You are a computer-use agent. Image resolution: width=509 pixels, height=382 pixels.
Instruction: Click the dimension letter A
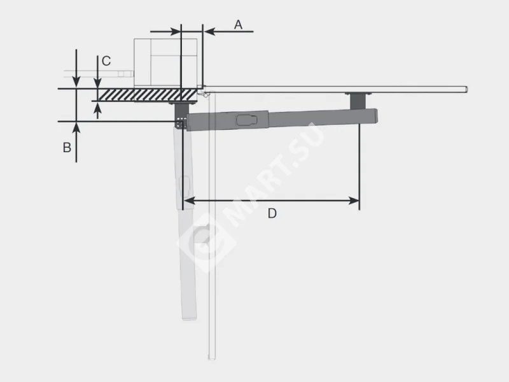[238, 25]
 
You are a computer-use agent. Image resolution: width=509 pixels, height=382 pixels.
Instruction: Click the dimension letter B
[67, 148]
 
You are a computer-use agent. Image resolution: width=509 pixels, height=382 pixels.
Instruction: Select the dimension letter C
[106, 60]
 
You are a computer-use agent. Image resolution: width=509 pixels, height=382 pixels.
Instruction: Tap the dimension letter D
[272, 213]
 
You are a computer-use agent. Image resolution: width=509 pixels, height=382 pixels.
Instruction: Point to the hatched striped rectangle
[148, 95]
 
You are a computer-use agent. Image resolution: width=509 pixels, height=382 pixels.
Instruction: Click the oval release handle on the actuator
[247, 120]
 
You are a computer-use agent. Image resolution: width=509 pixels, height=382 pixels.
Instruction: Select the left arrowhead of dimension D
[189, 201]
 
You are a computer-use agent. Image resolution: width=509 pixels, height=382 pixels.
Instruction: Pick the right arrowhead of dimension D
[354, 201]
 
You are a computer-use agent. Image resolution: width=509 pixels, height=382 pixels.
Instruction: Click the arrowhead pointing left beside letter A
[209, 31]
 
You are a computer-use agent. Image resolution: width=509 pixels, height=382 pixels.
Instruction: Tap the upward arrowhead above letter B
[76, 127]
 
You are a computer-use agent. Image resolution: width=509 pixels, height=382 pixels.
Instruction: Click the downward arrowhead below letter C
[97, 83]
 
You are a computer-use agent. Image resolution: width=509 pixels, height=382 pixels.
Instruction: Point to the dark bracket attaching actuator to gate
[358, 101]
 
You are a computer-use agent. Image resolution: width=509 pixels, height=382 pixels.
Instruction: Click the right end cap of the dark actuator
[375, 116]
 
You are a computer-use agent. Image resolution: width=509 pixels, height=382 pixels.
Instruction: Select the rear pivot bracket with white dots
[181, 122]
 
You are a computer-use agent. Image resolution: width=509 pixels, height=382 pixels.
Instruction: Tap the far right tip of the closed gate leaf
[467, 89]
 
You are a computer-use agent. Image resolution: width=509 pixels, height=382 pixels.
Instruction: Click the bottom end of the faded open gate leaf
[212, 358]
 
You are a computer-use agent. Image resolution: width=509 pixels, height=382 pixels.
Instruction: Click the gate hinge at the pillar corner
[204, 94]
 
